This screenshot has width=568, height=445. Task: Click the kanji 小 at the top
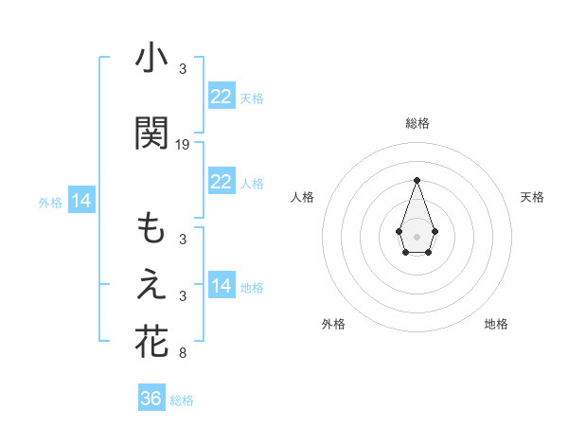click(151, 59)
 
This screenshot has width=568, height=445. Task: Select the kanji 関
click(151, 133)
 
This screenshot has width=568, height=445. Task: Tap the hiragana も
click(151, 229)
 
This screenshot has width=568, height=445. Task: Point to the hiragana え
click(151, 285)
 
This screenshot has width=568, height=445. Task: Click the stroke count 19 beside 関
click(183, 145)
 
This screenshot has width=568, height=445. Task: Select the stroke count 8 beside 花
click(183, 353)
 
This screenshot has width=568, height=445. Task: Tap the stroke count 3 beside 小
click(183, 69)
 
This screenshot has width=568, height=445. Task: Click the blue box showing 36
click(151, 399)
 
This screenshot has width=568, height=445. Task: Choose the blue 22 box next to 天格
click(222, 96)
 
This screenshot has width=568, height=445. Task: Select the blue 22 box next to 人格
click(222, 182)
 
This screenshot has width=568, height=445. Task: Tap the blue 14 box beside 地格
click(222, 285)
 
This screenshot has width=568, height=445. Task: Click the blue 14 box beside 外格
click(80, 201)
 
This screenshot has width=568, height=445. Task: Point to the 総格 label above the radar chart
click(417, 123)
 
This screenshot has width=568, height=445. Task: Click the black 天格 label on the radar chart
click(532, 197)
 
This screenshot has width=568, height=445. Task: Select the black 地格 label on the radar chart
click(496, 324)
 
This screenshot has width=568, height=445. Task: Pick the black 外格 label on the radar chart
click(333, 324)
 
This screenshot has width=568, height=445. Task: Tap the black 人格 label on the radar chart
click(302, 197)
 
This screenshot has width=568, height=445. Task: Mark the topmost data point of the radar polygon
click(417, 179)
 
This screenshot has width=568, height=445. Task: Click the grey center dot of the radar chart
click(417, 235)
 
